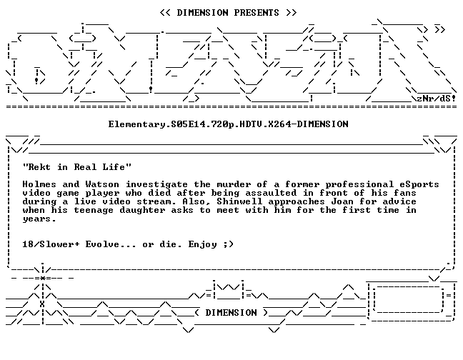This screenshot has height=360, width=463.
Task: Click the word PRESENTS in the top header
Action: tap(257, 13)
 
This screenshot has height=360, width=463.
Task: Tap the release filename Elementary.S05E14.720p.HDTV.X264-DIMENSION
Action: tap(228, 124)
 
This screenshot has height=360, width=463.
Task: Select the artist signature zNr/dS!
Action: tap(436, 98)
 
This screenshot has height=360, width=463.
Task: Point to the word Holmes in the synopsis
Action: tap(39, 184)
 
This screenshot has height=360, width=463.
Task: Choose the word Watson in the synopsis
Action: tap(102, 184)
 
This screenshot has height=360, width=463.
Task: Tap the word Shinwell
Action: tap(239, 201)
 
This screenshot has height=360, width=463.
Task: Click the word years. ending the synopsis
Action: tap(39, 219)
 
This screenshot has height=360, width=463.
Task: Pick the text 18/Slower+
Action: tap(51, 244)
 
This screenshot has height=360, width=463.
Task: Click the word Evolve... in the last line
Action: tap(111, 244)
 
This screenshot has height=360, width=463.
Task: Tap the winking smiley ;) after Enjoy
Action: tap(228, 244)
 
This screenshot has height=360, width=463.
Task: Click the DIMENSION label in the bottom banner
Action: tap(231, 312)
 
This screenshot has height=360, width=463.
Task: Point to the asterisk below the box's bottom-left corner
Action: tap(43, 278)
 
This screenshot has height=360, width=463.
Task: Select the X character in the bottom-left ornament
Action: tap(42, 304)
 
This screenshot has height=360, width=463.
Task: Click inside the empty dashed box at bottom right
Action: tap(409, 299)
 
